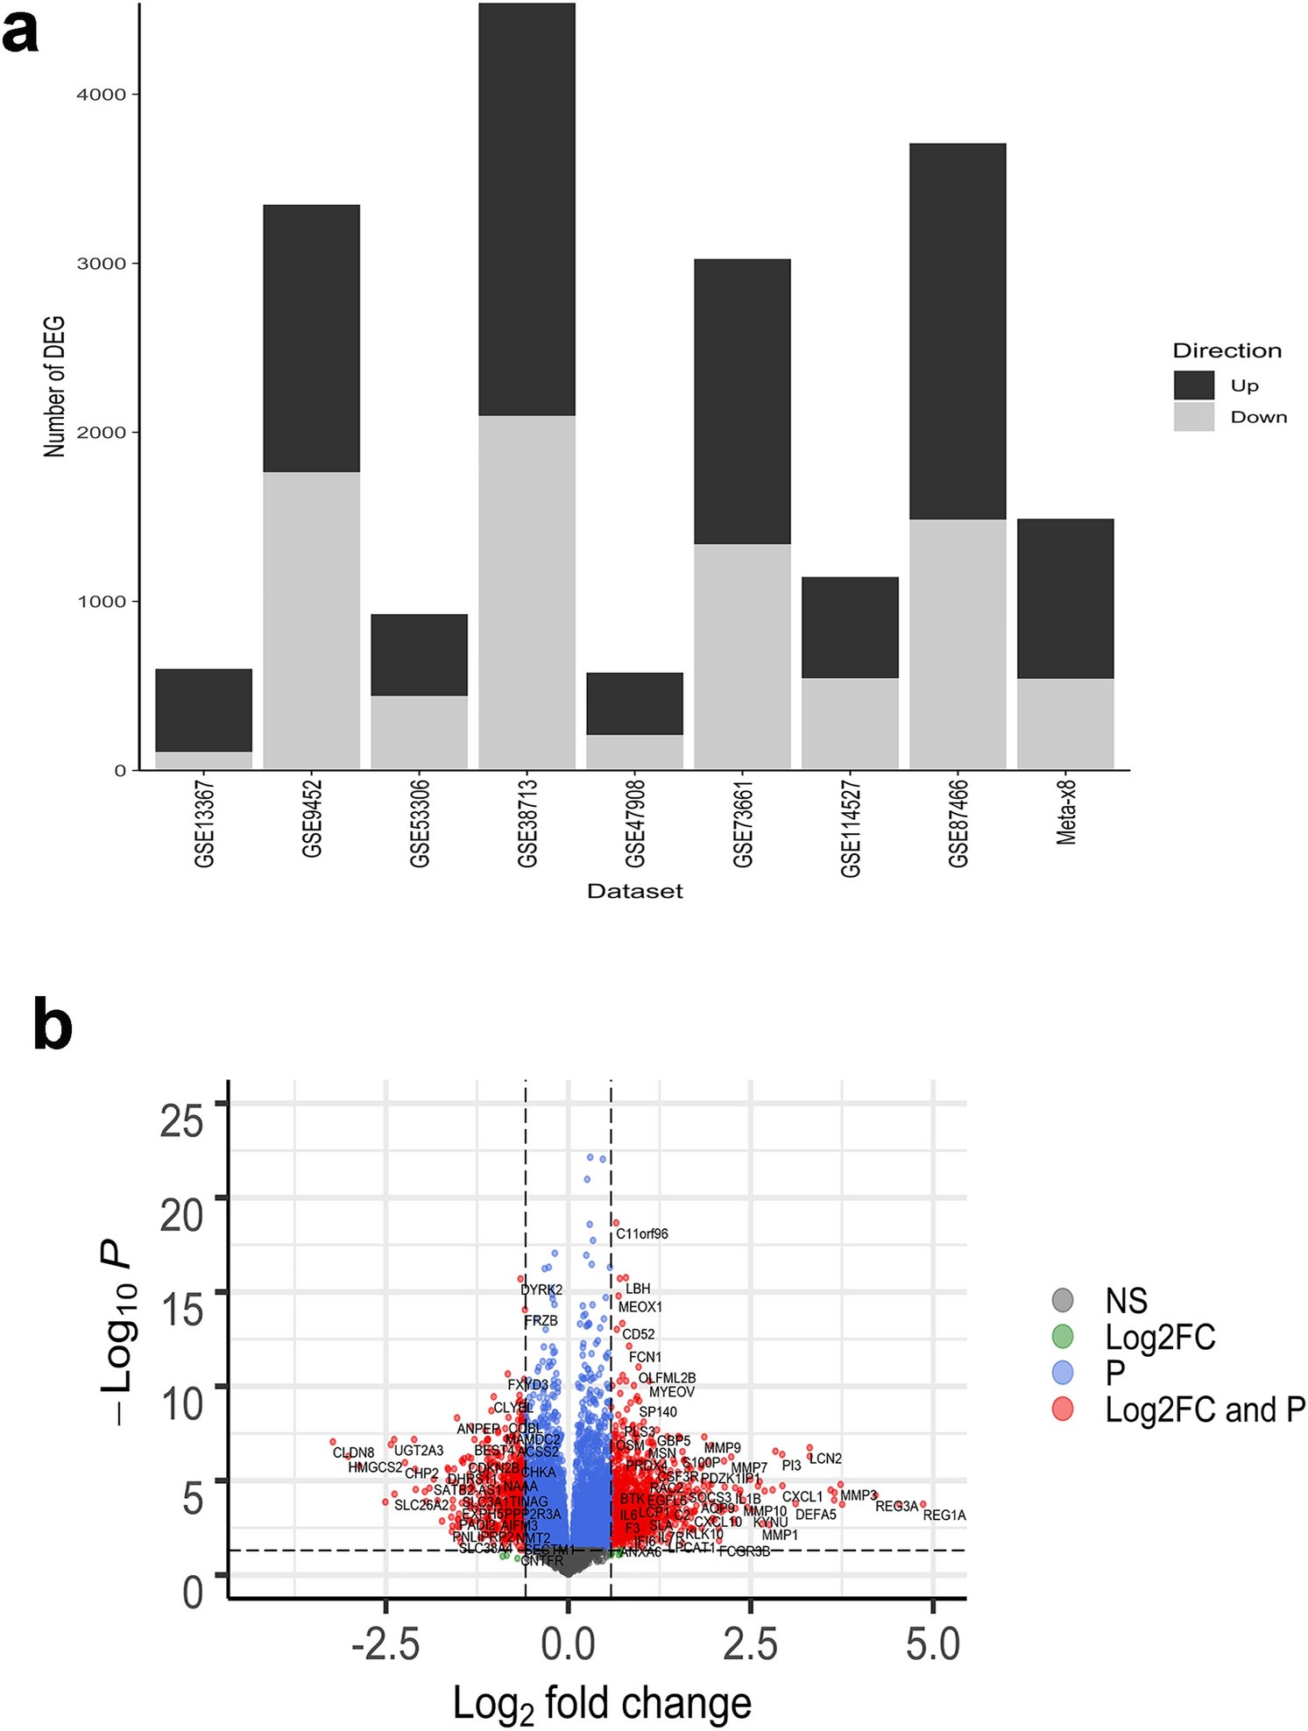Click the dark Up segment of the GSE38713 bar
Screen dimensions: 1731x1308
tap(527, 210)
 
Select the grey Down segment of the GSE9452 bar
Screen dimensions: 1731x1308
tap(311, 620)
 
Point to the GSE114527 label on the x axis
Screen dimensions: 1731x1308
tap(850, 827)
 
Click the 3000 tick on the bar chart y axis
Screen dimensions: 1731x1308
tap(102, 264)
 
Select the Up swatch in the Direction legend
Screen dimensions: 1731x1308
tap(1193, 385)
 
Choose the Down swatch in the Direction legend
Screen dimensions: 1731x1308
tap(1193, 417)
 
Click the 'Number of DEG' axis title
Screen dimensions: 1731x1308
tap(54, 387)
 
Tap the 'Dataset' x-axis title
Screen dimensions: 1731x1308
tap(634, 892)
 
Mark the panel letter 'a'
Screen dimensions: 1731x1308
tap(21, 35)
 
